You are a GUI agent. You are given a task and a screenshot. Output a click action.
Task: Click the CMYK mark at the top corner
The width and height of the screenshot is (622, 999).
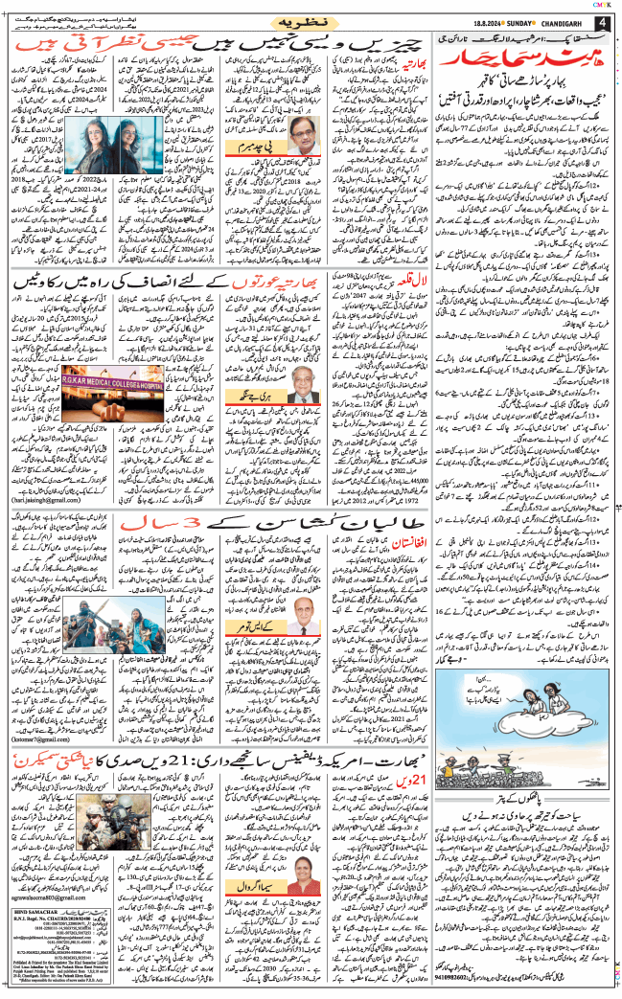click(x=604, y=5)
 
